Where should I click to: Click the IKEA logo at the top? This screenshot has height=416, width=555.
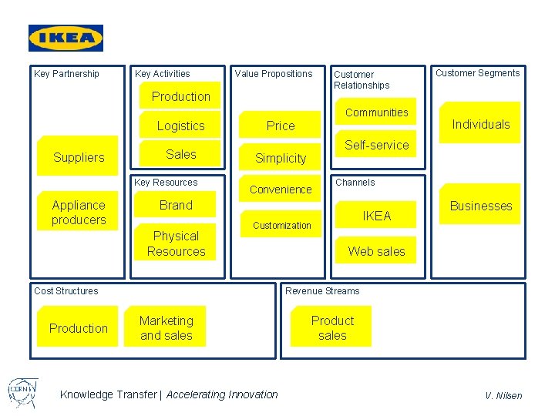[x=66, y=38]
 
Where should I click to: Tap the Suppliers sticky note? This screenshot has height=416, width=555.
[x=79, y=157]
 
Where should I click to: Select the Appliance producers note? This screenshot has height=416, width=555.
[x=79, y=213]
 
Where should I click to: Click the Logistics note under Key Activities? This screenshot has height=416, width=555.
[x=181, y=126]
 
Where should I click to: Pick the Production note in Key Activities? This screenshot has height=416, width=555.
[x=181, y=96]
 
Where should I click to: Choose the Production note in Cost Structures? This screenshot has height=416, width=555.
[x=79, y=328]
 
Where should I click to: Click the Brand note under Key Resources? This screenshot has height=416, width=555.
[x=176, y=205]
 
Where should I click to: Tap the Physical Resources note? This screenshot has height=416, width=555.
[x=176, y=243]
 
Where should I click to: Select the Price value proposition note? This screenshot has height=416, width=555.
[x=281, y=126]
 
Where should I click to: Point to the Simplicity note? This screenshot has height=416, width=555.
[x=281, y=158]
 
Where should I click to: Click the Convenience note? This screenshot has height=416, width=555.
[x=281, y=190]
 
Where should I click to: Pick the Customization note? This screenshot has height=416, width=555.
[x=282, y=225]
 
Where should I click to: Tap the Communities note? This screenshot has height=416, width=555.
[x=376, y=112]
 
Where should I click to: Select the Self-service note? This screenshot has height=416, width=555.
[x=376, y=145]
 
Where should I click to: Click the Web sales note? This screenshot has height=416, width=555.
[x=376, y=251]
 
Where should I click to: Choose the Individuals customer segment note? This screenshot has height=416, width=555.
[x=481, y=124]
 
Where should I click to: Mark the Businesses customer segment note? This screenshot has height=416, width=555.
[x=481, y=206]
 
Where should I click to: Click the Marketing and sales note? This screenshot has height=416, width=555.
[x=166, y=328]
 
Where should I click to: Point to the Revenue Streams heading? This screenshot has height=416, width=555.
[x=322, y=291]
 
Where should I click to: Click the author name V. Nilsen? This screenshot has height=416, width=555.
[x=503, y=395]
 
